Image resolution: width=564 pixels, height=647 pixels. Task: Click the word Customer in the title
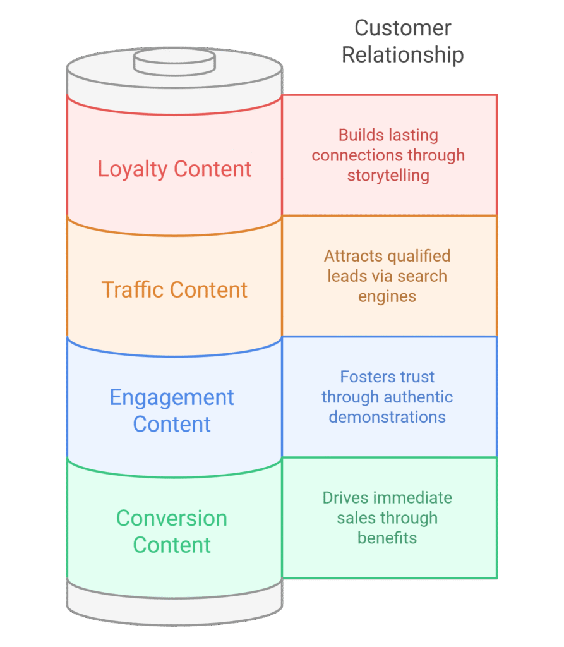402,28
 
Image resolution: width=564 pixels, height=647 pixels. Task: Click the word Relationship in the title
402,55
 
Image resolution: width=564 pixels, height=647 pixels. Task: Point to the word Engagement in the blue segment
172,397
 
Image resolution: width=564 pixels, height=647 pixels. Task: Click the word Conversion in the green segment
172,518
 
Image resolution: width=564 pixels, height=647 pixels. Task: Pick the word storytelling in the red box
388,176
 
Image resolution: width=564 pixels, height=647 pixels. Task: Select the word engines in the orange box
387,296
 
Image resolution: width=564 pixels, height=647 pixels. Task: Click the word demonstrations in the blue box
387,417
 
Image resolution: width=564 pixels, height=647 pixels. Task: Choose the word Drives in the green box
345,498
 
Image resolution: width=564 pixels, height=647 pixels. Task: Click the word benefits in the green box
387,538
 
